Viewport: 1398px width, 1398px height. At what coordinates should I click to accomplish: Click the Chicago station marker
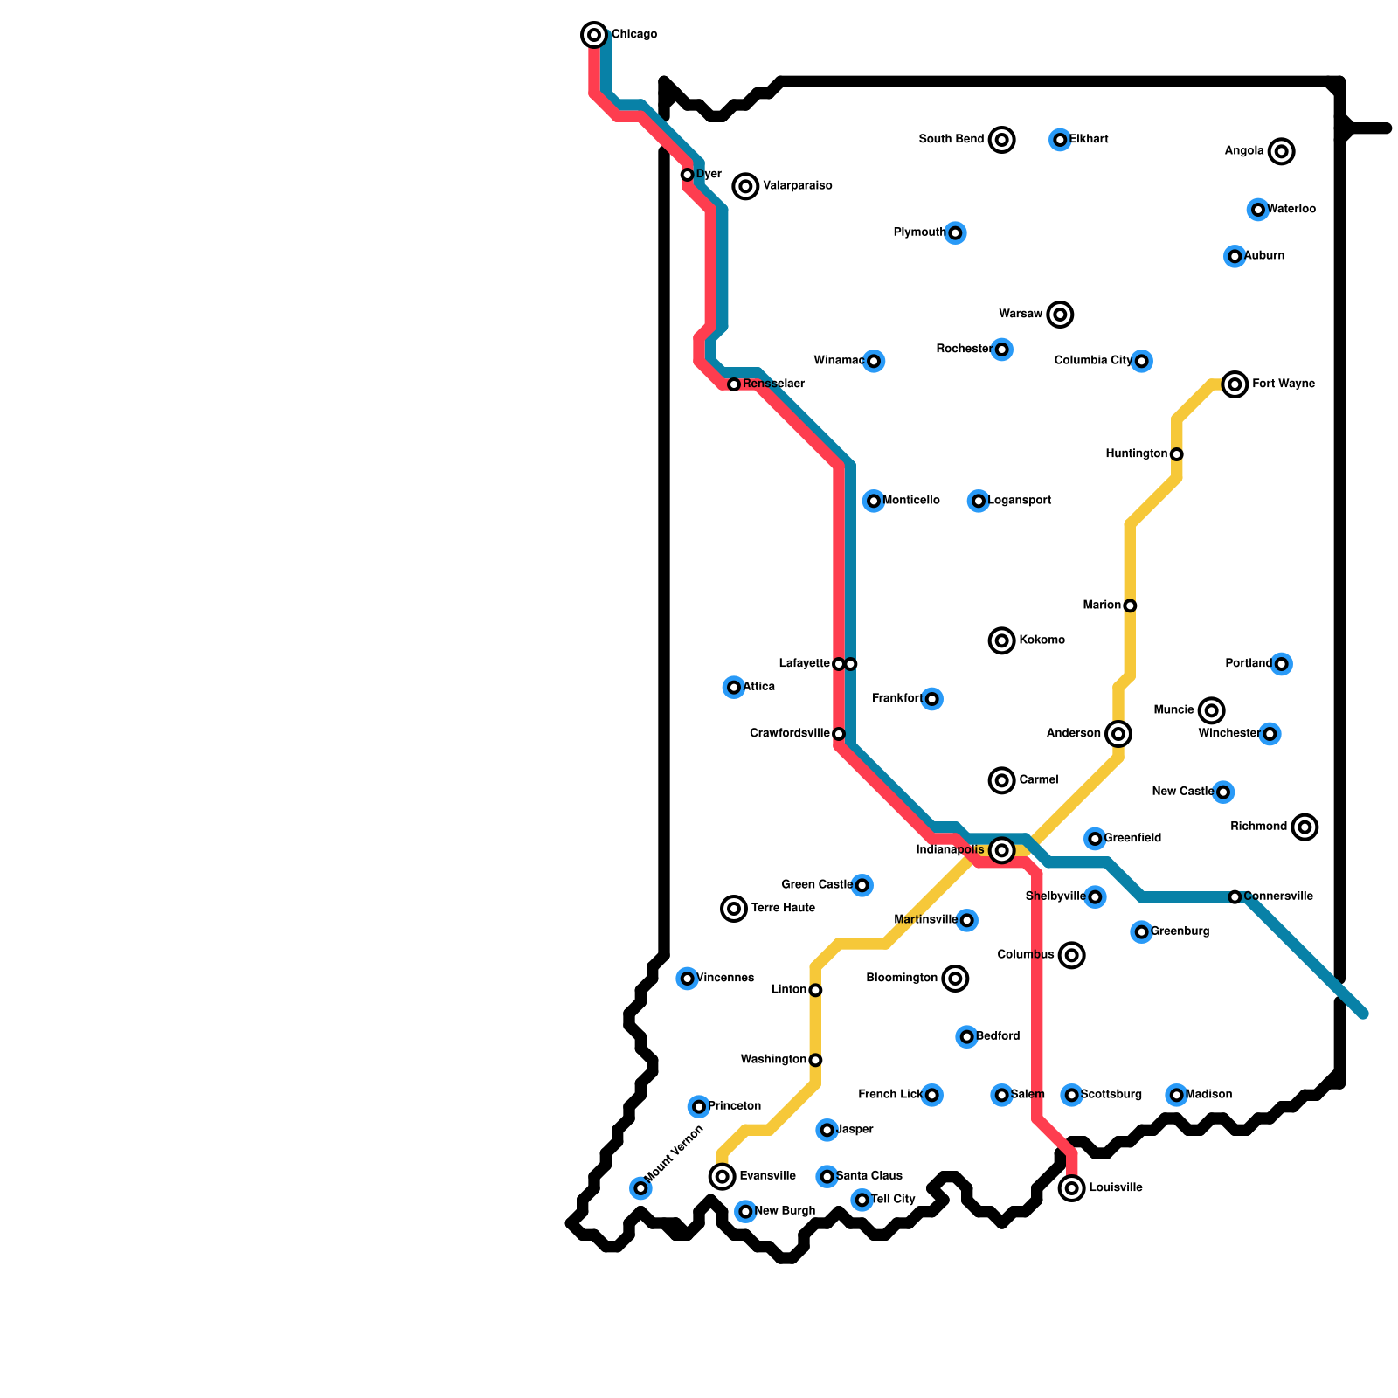[594, 35]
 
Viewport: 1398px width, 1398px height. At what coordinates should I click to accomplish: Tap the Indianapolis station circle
[1002, 850]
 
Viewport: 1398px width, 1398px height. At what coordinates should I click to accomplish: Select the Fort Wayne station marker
[1235, 384]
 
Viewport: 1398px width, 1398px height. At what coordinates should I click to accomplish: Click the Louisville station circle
[1072, 1188]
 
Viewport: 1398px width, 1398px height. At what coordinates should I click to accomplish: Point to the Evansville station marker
[722, 1176]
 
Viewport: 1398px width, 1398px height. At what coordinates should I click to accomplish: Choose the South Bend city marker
[1002, 140]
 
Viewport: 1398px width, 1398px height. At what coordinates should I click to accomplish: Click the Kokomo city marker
[1002, 640]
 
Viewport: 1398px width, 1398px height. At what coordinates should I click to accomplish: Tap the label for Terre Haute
[783, 909]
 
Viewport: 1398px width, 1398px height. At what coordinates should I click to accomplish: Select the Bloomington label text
[902, 979]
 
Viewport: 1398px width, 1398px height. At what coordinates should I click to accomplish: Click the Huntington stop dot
[1177, 454]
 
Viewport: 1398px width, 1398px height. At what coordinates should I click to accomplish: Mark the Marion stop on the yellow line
[1130, 606]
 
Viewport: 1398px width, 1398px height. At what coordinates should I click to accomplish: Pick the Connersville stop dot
[1235, 897]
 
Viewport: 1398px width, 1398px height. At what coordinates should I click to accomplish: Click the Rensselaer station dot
[734, 384]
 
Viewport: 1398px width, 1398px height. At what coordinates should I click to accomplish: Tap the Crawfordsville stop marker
[839, 734]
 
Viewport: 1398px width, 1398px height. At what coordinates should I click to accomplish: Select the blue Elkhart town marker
[1060, 140]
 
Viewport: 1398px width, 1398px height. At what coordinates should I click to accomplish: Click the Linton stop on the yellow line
[815, 990]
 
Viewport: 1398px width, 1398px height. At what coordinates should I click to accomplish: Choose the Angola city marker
[1282, 151]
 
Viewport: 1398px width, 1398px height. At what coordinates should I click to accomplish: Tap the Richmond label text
[1258, 827]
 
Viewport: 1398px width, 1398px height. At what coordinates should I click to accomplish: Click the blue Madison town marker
[1177, 1095]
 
